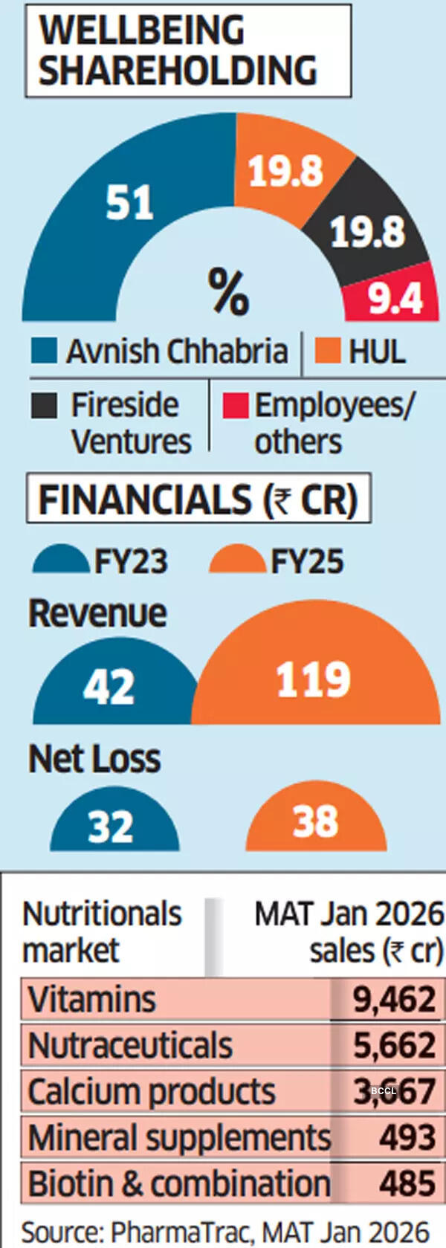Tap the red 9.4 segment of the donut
[394, 297]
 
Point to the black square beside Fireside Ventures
[44, 406]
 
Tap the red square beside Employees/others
[234, 406]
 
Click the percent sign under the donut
[228, 292]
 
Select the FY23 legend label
[131, 561]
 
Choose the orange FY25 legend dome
[237, 561]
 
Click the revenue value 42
[109, 688]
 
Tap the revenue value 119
[313, 679]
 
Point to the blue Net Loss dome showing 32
[111, 825]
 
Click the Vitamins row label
[92, 999]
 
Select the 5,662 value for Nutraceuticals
[394, 1045]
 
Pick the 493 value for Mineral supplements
[407, 1137]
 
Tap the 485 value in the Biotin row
[407, 1183]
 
